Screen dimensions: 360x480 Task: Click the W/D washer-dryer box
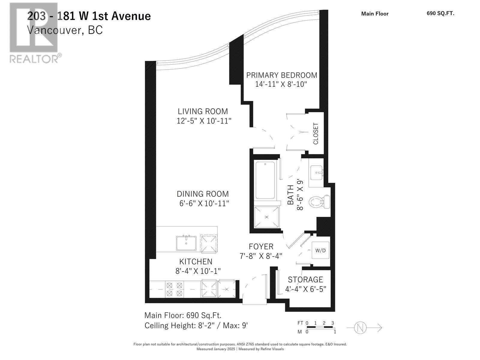(x=320, y=250)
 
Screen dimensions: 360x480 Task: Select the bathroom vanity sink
(x=316, y=172)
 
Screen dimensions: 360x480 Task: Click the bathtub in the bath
(x=265, y=180)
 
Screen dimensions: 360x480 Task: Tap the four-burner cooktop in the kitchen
(x=175, y=289)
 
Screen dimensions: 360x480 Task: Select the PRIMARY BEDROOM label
(x=281, y=75)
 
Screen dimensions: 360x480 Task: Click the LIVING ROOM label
(x=203, y=111)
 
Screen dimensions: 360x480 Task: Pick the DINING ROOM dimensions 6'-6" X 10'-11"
(x=204, y=203)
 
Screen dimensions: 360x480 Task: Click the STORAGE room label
(x=305, y=280)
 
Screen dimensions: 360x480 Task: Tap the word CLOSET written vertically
(x=316, y=133)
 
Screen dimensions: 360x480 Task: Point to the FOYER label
(x=261, y=247)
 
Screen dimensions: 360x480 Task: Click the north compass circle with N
(x=360, y=328)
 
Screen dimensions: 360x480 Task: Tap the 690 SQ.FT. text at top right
(x=440, y=13)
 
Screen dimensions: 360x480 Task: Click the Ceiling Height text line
(x=196, y=325)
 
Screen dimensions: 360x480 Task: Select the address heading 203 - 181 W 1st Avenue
(x=89, y=16)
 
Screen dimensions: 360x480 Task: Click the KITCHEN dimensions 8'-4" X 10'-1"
(x=198, y=271)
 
